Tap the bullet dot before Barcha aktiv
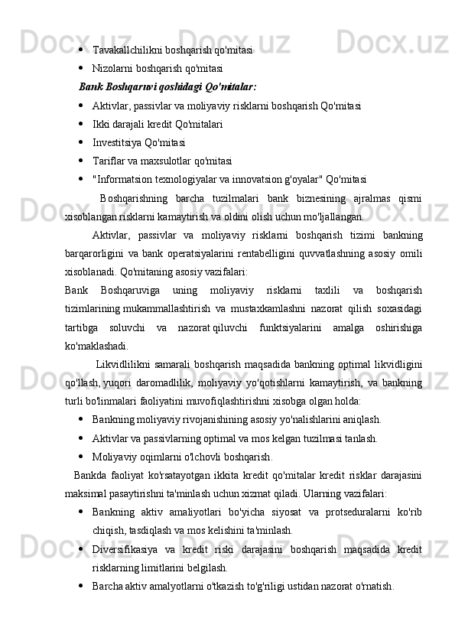81,586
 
